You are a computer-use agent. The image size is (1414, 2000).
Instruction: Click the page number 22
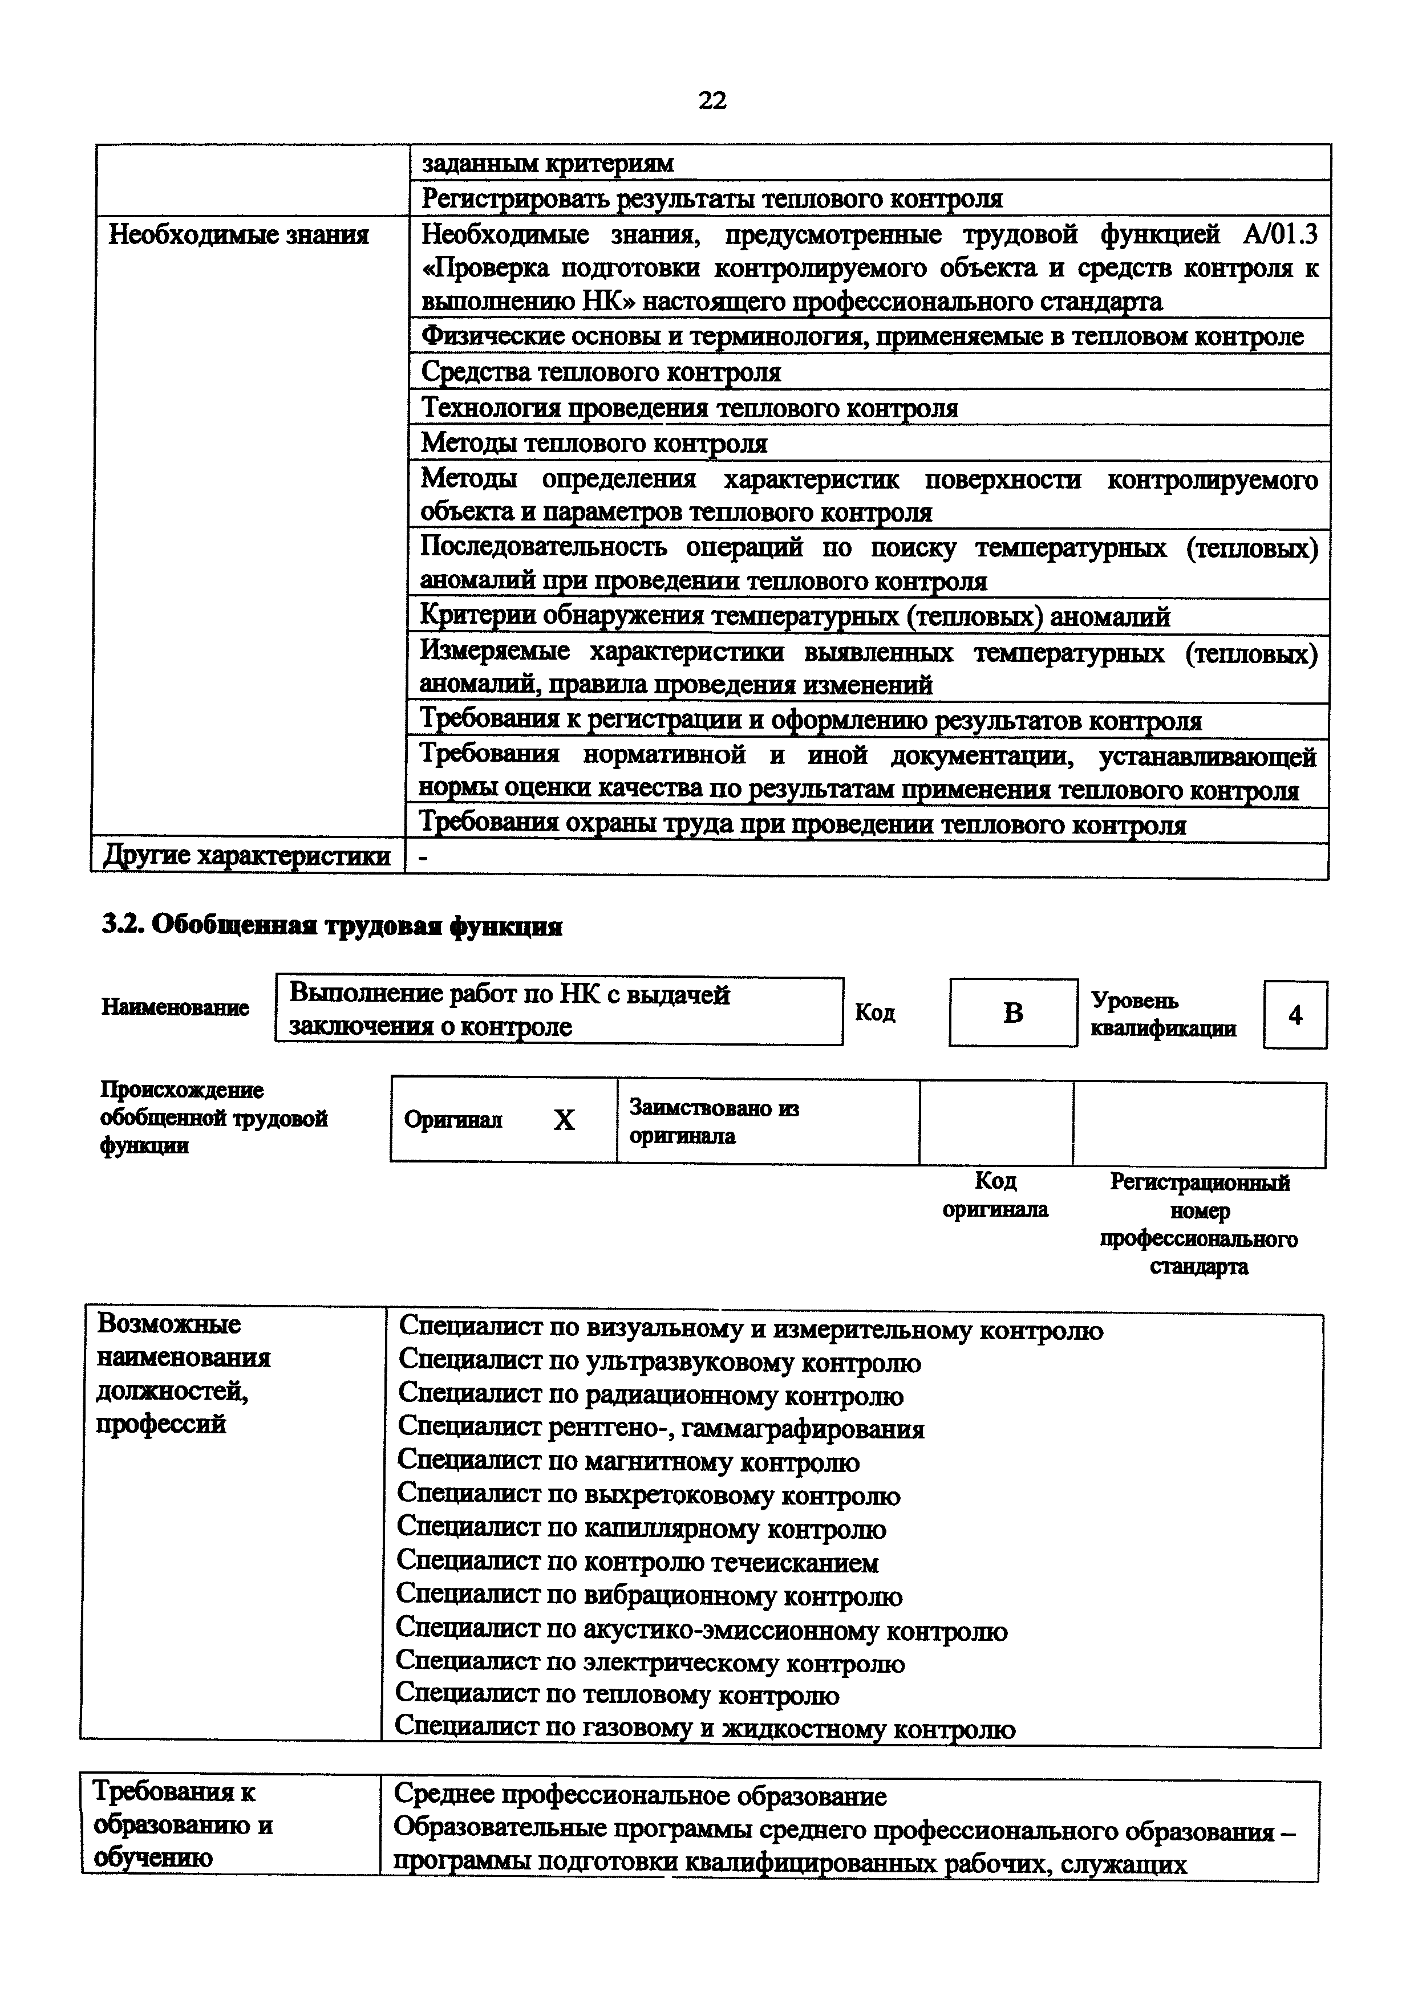712,101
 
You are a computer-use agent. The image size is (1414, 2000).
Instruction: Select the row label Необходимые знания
238,235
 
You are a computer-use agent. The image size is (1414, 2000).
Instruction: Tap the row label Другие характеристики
246,856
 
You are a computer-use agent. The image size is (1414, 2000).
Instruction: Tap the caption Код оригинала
995,1195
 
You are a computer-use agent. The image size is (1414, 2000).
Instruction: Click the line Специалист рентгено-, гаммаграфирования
661,1429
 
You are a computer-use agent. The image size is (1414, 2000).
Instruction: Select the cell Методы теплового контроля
594,444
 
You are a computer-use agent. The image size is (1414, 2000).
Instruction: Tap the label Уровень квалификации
1162,1015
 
